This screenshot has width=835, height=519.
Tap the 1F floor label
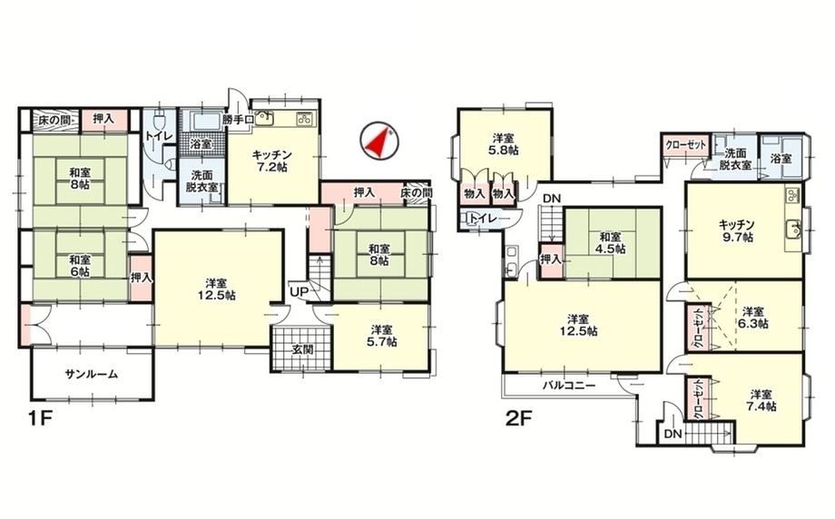point(40,419)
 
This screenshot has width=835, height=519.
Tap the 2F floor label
point(518,419)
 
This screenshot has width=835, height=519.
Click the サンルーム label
point(91,374)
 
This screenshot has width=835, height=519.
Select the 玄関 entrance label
point(301,349)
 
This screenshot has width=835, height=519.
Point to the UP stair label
point(299,291)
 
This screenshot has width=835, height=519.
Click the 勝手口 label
point(237,119)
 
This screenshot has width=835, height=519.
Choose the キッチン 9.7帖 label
point(737,230)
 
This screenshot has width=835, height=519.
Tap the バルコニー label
point(569,386)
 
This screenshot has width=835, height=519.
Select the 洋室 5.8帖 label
point(504,144)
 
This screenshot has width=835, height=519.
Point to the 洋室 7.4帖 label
point(761,400)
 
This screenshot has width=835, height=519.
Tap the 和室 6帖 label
point(79,266)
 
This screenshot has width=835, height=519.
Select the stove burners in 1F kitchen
point(304,119)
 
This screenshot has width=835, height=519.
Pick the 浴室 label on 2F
point(781,159)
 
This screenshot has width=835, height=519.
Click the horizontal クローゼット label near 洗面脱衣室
point(686,145)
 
